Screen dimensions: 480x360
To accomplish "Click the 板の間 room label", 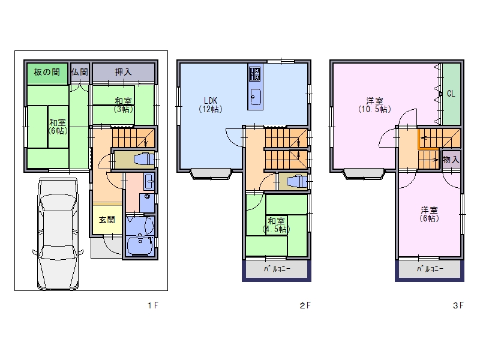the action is tap(47, 72).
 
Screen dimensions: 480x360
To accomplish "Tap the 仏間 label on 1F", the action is tap(80, 72).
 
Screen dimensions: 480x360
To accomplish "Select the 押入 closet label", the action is tap(124, 72).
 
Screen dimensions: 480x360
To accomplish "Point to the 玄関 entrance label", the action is tap(107, 220).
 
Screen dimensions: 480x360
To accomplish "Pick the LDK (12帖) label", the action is tap(211, 104).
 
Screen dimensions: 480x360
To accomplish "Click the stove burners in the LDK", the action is tap(254, 74).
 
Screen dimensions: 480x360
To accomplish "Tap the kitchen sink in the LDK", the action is tap(256, 97).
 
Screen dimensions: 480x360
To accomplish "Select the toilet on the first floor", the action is tap(144, 160).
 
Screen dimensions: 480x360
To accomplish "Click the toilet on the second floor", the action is tap(297, 182).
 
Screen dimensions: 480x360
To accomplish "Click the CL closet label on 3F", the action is tap(451, 94).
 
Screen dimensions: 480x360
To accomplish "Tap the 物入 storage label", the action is tap(451, 160).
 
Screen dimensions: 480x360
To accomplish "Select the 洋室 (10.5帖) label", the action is tap(374, 105).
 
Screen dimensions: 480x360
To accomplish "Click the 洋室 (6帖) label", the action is tap(429, 214).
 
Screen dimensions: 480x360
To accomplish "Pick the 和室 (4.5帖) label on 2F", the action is tap(276, 225).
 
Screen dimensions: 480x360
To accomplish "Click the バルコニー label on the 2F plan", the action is tap(277, 269).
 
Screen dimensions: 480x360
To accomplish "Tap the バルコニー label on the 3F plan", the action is tap(430, 269).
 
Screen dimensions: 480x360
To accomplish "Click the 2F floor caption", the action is tap(305, 305).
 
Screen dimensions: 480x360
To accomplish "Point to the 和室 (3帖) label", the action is tap(124, 105).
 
